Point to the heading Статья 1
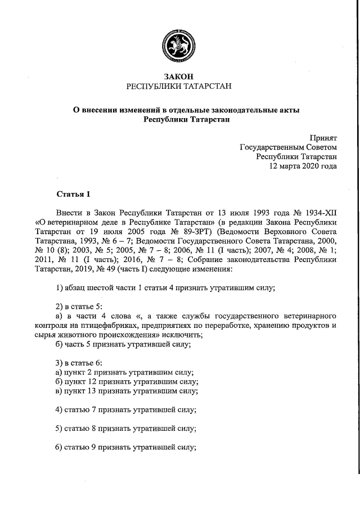[73, 195]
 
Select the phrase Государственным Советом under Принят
[289, 147]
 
